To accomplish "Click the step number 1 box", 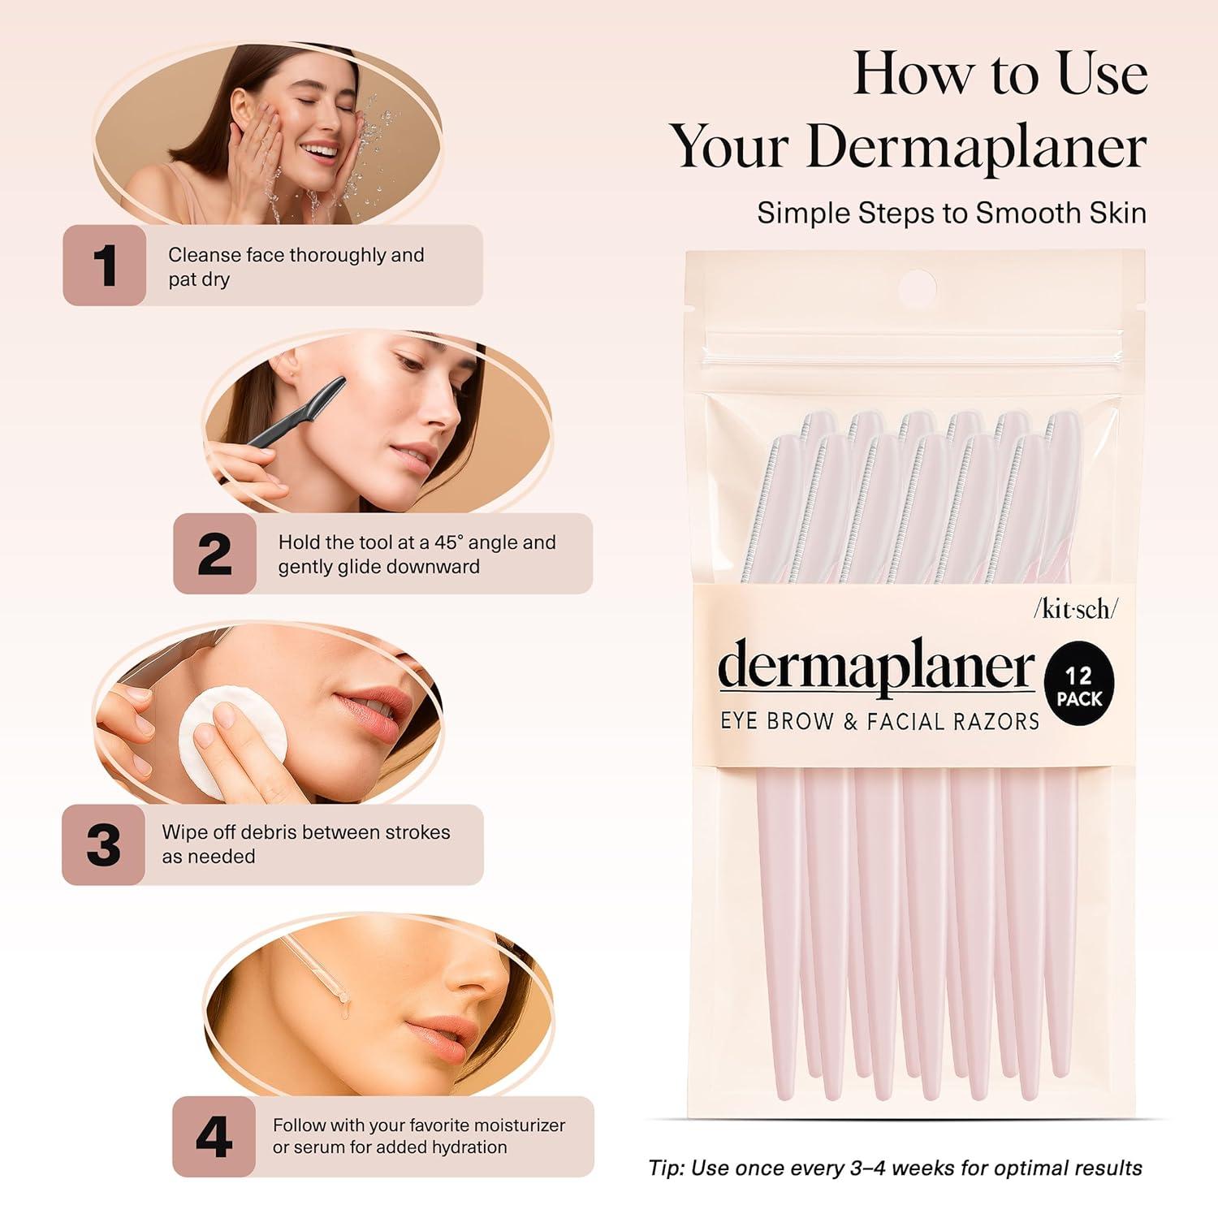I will (x=105, y=266).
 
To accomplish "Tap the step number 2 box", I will (x=214, y=554).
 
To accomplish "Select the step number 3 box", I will (x=103, y=844).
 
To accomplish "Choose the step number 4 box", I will (x=214, y=1136).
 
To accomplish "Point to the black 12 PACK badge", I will (x=1079, y=687).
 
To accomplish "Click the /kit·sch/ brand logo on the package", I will (x=1075, y=610).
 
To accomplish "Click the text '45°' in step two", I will (x=444, y=542).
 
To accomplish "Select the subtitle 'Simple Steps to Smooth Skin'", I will (x=952, y=213).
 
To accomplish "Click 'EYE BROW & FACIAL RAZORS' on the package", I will (x=879, y=721).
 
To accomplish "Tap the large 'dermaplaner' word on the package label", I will (x=876, y=667).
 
